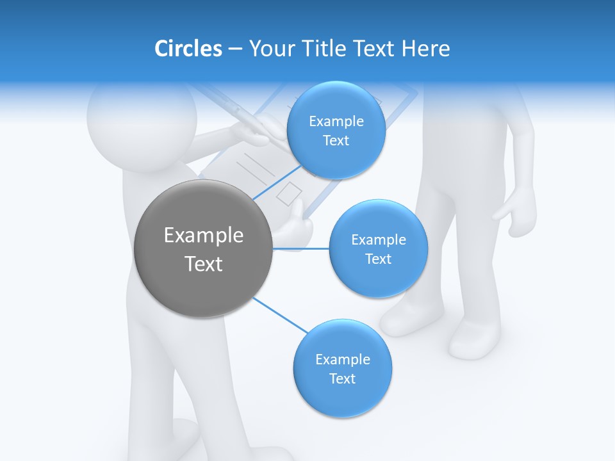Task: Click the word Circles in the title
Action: [x=188, y=49]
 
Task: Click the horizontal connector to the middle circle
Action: [x=301, y=248]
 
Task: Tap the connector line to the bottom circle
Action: [x=281, y=315]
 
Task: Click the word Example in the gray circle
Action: [x=204, y=236]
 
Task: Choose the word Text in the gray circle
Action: [x=204, y=264]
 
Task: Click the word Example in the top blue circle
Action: [x=336, y=122]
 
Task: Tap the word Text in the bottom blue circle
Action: [x=342, y=378]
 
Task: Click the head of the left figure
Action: [x=141, y=125]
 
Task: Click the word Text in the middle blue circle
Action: [x=378, y=259]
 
